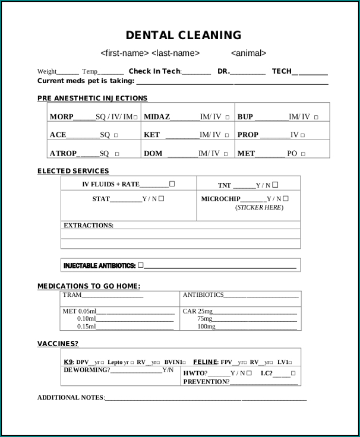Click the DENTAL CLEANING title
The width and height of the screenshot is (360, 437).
(184, 35)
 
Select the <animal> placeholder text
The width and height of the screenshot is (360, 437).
(248, 53)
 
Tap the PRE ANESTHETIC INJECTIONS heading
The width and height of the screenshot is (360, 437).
(92, 98)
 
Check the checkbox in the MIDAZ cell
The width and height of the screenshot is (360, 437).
(227, 118)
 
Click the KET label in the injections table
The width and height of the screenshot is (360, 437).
(151, 135)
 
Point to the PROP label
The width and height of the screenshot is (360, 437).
(248, 135)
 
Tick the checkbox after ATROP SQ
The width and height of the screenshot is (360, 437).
(116, 154)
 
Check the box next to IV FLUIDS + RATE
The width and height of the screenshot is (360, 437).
(172, 184)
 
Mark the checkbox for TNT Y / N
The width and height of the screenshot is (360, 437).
(276, 185)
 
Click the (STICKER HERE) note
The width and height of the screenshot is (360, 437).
(259, 208)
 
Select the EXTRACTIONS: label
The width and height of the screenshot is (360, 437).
(89, 226)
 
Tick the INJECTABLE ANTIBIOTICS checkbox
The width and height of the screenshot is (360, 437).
(141, 265)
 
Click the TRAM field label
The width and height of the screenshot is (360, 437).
(72, 295)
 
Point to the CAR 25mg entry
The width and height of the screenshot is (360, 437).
(197, 311)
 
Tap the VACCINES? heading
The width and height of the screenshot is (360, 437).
(58, 343)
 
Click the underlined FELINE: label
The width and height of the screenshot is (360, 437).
(206, 362)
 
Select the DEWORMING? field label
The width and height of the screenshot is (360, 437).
(86, 370)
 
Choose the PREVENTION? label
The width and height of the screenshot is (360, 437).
(206, 382)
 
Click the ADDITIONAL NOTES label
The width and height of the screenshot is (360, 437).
(71, 397)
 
